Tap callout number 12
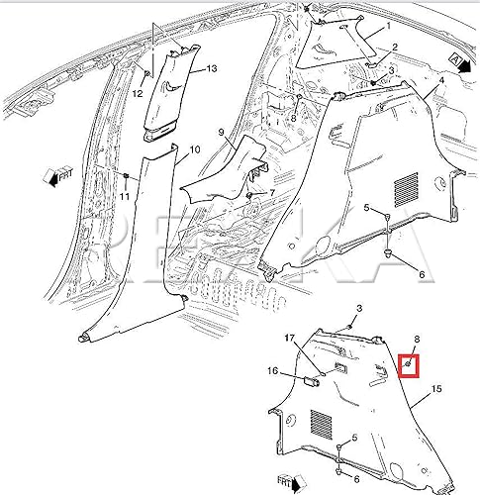coord(139,92)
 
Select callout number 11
coord(125,198)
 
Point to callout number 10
coord(195,149)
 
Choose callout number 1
coord(389,26)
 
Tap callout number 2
coord(394,48)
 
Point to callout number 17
coord(291,340)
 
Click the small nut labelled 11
coord(128,175)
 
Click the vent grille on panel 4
coord(407,185)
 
